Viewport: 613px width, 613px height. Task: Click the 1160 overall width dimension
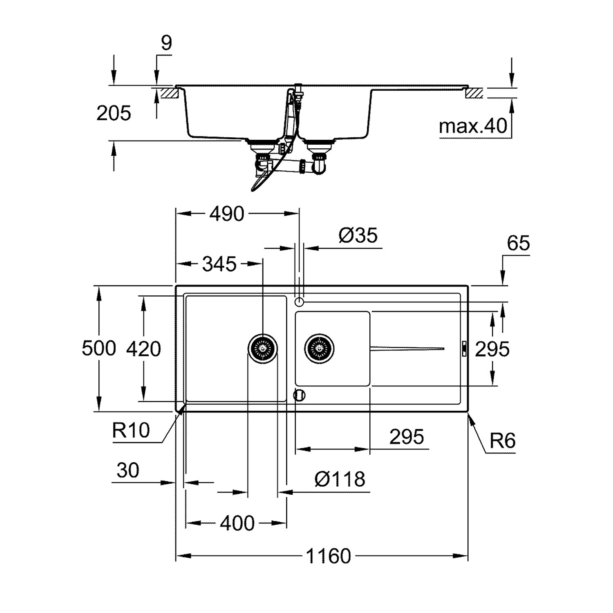click(329, 556)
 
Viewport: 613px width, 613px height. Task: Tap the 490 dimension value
click(227, 213)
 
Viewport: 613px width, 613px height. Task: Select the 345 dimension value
click(219, 264)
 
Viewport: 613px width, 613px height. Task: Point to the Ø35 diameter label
click(358, 235)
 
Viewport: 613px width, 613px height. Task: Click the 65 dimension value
click(519, 243)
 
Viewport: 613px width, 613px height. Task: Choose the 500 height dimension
click(99, 349)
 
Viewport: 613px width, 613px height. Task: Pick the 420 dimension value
click(143, 349)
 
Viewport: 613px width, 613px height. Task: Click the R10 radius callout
click(131, 430)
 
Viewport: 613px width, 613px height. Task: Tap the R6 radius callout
click(503, 441)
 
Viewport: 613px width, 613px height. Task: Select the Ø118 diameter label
click(340, 479)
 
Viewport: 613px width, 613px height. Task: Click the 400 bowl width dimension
click(237, 523)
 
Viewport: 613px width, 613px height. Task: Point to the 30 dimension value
click(128, 470)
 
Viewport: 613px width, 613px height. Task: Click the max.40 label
click(473, 127)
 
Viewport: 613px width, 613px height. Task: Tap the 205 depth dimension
click(114, 113)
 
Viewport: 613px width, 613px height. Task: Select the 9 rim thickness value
click(166, 43)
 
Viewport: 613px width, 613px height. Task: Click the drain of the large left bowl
click(263, 349)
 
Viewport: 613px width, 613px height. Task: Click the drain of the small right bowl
click(319, 349)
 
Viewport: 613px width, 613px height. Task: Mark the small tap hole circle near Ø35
click(300, 302)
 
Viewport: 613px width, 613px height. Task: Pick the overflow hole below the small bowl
click(300, 395)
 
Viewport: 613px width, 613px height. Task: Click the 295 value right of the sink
click(492, 349)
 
